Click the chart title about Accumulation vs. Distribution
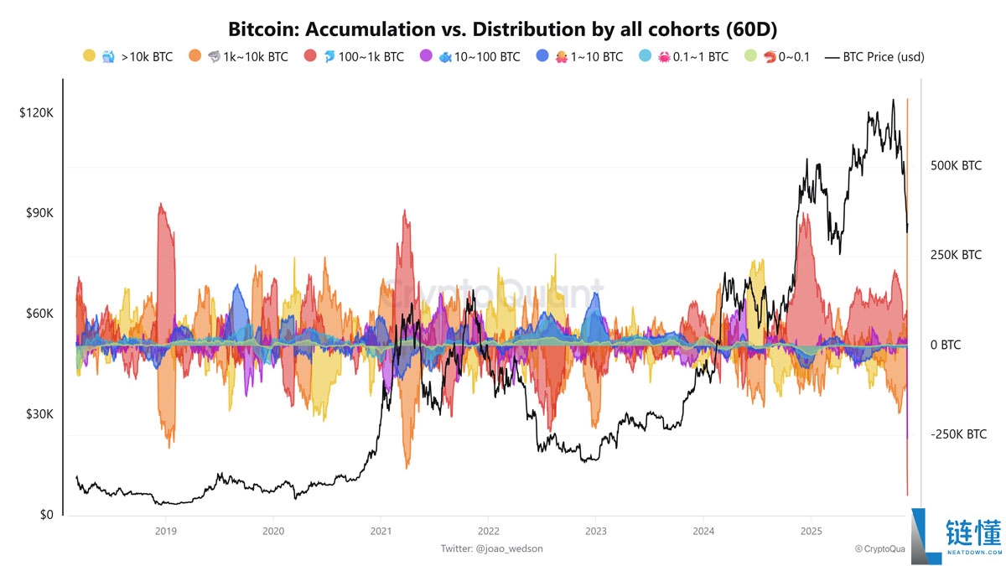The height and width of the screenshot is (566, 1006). (502, 29)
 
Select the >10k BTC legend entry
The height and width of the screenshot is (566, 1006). (131, 57)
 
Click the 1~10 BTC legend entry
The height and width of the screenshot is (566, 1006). (589, 57)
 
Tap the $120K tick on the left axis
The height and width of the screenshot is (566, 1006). (36, 112)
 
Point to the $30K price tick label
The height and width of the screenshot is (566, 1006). (39, 414)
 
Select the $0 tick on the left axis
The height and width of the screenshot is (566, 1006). (45, 515)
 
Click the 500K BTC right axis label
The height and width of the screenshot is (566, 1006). (956, 166)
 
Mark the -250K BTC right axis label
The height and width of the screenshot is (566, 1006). (958, 434)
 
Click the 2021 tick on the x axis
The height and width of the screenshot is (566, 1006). (381, 531)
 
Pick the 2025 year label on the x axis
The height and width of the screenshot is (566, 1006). (811, 531)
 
